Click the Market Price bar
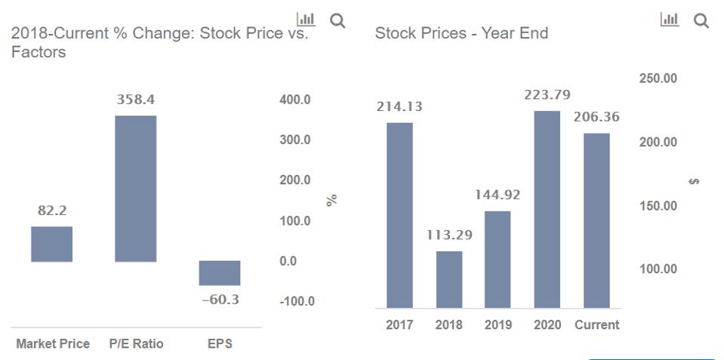(52, 244)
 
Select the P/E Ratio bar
(135, 189)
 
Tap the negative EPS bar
(220, 273)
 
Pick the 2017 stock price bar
(399, 215)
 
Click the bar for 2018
(449, 279)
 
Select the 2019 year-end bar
(498, 259)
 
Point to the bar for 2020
(547, 209)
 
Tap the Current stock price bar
(596, 220)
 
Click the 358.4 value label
(136, 100)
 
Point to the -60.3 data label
(220, 300)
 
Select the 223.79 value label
(547, 95)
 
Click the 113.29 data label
(449, 235)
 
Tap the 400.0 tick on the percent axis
(295, 100)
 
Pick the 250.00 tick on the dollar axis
(658, 78)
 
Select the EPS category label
(220, 344)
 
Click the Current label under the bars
(596, 325)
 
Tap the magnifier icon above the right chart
(701, 20)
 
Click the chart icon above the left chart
(306, 19)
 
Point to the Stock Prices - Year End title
(461, 33)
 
